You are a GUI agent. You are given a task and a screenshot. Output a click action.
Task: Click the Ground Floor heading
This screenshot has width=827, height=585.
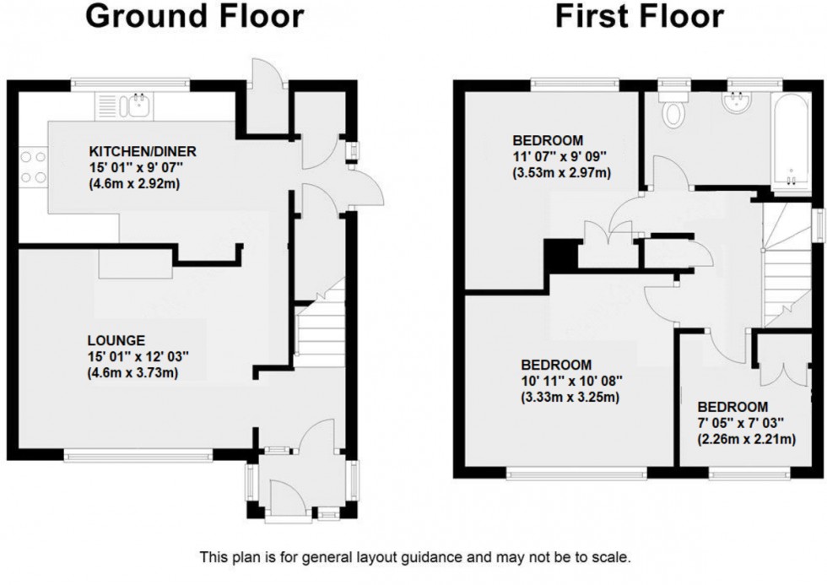pos(195,16)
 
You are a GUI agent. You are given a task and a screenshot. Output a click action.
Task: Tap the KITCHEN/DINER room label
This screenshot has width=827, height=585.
pos(143,152)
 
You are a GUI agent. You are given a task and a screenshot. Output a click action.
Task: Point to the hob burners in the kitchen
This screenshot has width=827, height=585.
pos(31,166)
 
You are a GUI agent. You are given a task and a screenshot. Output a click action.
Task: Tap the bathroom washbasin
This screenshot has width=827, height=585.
pos(735,104)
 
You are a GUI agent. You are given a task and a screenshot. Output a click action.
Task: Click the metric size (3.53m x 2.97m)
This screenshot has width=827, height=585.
pos(563,173)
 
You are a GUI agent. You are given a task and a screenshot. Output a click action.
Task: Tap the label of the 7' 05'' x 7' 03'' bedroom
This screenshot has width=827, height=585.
pos(732,406)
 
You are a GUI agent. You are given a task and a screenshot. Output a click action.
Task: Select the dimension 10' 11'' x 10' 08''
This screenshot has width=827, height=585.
pos(571,381)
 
